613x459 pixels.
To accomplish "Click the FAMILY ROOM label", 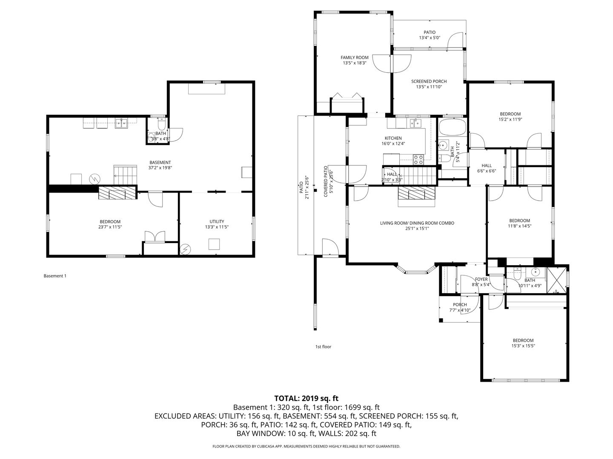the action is click(354, 57).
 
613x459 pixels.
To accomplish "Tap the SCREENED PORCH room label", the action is click(429, 81).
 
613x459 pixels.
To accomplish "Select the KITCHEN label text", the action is click(393, 138).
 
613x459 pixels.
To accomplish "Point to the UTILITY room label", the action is click(217, 221).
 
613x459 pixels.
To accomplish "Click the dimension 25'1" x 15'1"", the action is click(417, 229).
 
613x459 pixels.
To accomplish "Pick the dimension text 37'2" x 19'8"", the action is click(160, 168).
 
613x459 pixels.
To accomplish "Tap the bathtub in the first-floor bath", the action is click(453, 127).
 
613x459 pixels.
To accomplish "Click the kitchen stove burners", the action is click(418, 159).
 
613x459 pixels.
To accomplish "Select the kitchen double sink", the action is click(415, 123).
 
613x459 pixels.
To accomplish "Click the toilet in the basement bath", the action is click(162, 123).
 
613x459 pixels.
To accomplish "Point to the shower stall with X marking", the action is click(556, 280).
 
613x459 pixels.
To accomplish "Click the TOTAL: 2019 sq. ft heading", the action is click(306, 398).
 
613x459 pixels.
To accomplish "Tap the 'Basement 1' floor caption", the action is click(55, 276).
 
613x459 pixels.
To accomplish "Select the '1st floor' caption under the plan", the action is click(323, 347).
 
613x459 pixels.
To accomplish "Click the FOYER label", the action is click(481, 279).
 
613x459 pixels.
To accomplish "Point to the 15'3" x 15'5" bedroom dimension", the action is click(523, 346).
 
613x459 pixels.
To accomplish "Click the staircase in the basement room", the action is click(125, 175).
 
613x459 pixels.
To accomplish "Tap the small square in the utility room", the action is click(214, 244).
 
